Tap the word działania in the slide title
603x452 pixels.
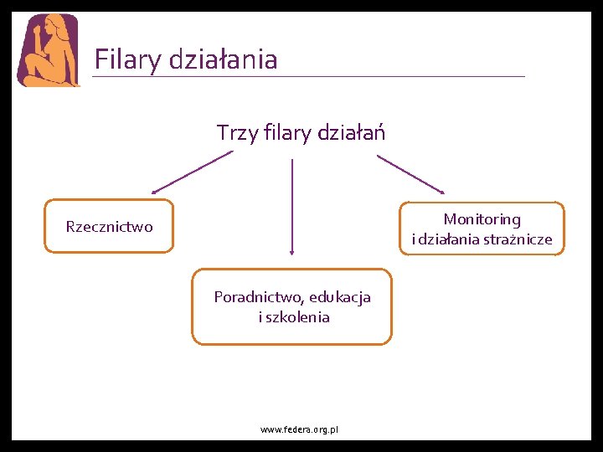223,59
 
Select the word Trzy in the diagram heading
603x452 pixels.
235,132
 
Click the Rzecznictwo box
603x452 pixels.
110,226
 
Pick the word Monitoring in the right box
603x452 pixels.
482,219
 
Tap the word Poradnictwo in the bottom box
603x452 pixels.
258,297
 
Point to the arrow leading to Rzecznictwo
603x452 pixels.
193,172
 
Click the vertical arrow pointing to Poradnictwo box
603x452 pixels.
291,205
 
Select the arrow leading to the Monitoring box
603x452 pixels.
410,174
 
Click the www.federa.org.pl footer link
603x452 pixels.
299,429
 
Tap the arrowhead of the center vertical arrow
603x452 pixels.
291,249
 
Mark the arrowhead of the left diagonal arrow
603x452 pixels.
156,192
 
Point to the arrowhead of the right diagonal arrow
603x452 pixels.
441,191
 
